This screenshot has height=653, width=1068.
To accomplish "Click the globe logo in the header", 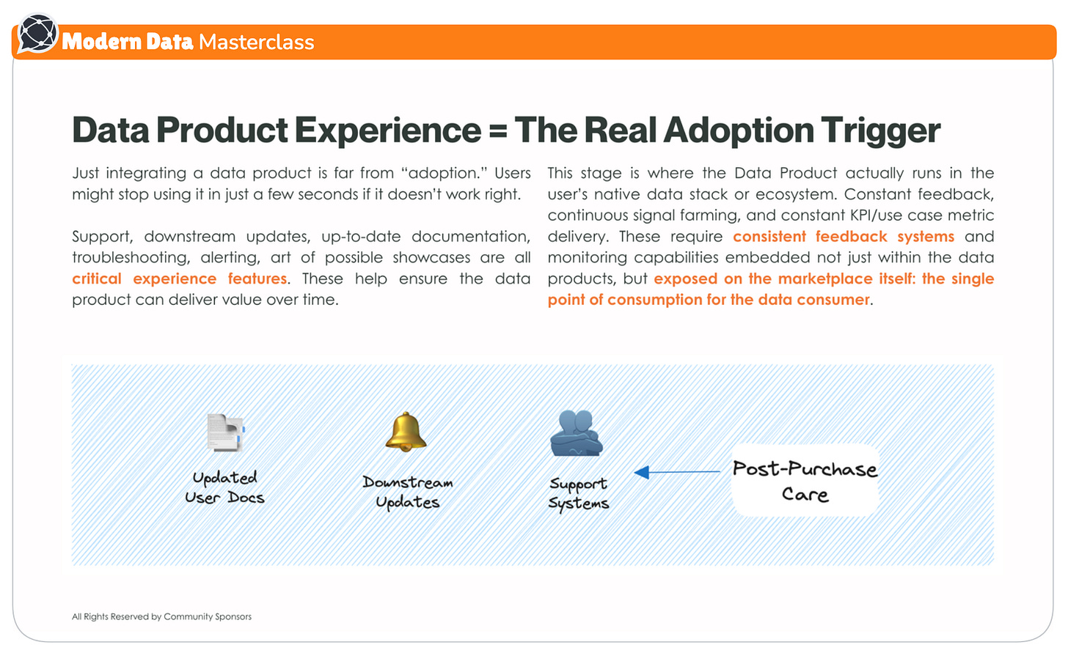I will [37, 34].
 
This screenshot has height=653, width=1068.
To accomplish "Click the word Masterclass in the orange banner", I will [256, 42].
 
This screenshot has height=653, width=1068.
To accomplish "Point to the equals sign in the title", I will [497, 131].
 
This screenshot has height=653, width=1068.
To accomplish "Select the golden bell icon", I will [406, 432].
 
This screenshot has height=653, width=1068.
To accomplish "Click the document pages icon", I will [225, 432].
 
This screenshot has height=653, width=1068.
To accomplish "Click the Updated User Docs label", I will [224, 487].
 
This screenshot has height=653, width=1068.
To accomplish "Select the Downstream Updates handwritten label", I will [408, 492].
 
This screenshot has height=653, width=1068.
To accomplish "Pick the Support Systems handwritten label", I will [579, 493].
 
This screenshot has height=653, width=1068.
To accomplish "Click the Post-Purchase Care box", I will [805, 481].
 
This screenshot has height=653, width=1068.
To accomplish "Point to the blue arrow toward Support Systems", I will [676, 473].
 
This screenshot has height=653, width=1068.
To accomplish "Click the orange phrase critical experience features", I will [180, 278].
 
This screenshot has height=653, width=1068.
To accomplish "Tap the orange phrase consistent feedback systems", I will [844, 237].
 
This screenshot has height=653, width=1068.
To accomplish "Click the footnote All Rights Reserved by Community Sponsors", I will [161, 616].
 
